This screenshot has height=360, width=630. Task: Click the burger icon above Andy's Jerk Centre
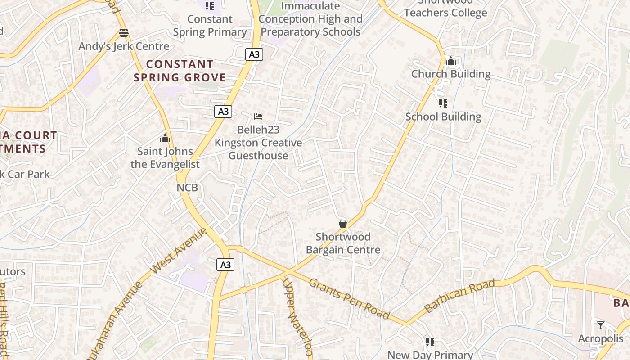[124, 33]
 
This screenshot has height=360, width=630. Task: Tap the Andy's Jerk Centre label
[124, 46]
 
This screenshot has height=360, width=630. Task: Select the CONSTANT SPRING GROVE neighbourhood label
[180, 71]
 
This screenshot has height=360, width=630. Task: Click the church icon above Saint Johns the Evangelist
[165, 138]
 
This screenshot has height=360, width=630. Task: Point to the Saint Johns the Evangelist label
[165, 158]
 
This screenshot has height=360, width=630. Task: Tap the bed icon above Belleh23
[258, 117]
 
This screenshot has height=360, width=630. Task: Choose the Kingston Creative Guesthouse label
[258, 149]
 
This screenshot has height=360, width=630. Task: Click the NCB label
[187, 188]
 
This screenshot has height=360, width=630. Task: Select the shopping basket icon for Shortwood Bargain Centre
[343, 224]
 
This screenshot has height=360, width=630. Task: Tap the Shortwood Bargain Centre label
[343, 243]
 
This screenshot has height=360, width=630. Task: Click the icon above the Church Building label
[450, 61]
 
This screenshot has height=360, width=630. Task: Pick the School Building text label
[443, 117]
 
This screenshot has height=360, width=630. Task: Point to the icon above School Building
[443, 103]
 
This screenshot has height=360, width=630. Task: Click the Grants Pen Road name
[349, 297]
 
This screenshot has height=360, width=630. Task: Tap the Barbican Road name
[459, 296]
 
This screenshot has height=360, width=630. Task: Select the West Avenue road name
[179, 251]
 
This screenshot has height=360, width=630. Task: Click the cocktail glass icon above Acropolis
[600, 325]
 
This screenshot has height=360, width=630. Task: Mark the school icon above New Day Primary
[430, 342]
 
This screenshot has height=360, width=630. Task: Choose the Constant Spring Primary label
[210, 26]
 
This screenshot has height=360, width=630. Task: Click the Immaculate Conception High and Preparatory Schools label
[310, 19]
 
